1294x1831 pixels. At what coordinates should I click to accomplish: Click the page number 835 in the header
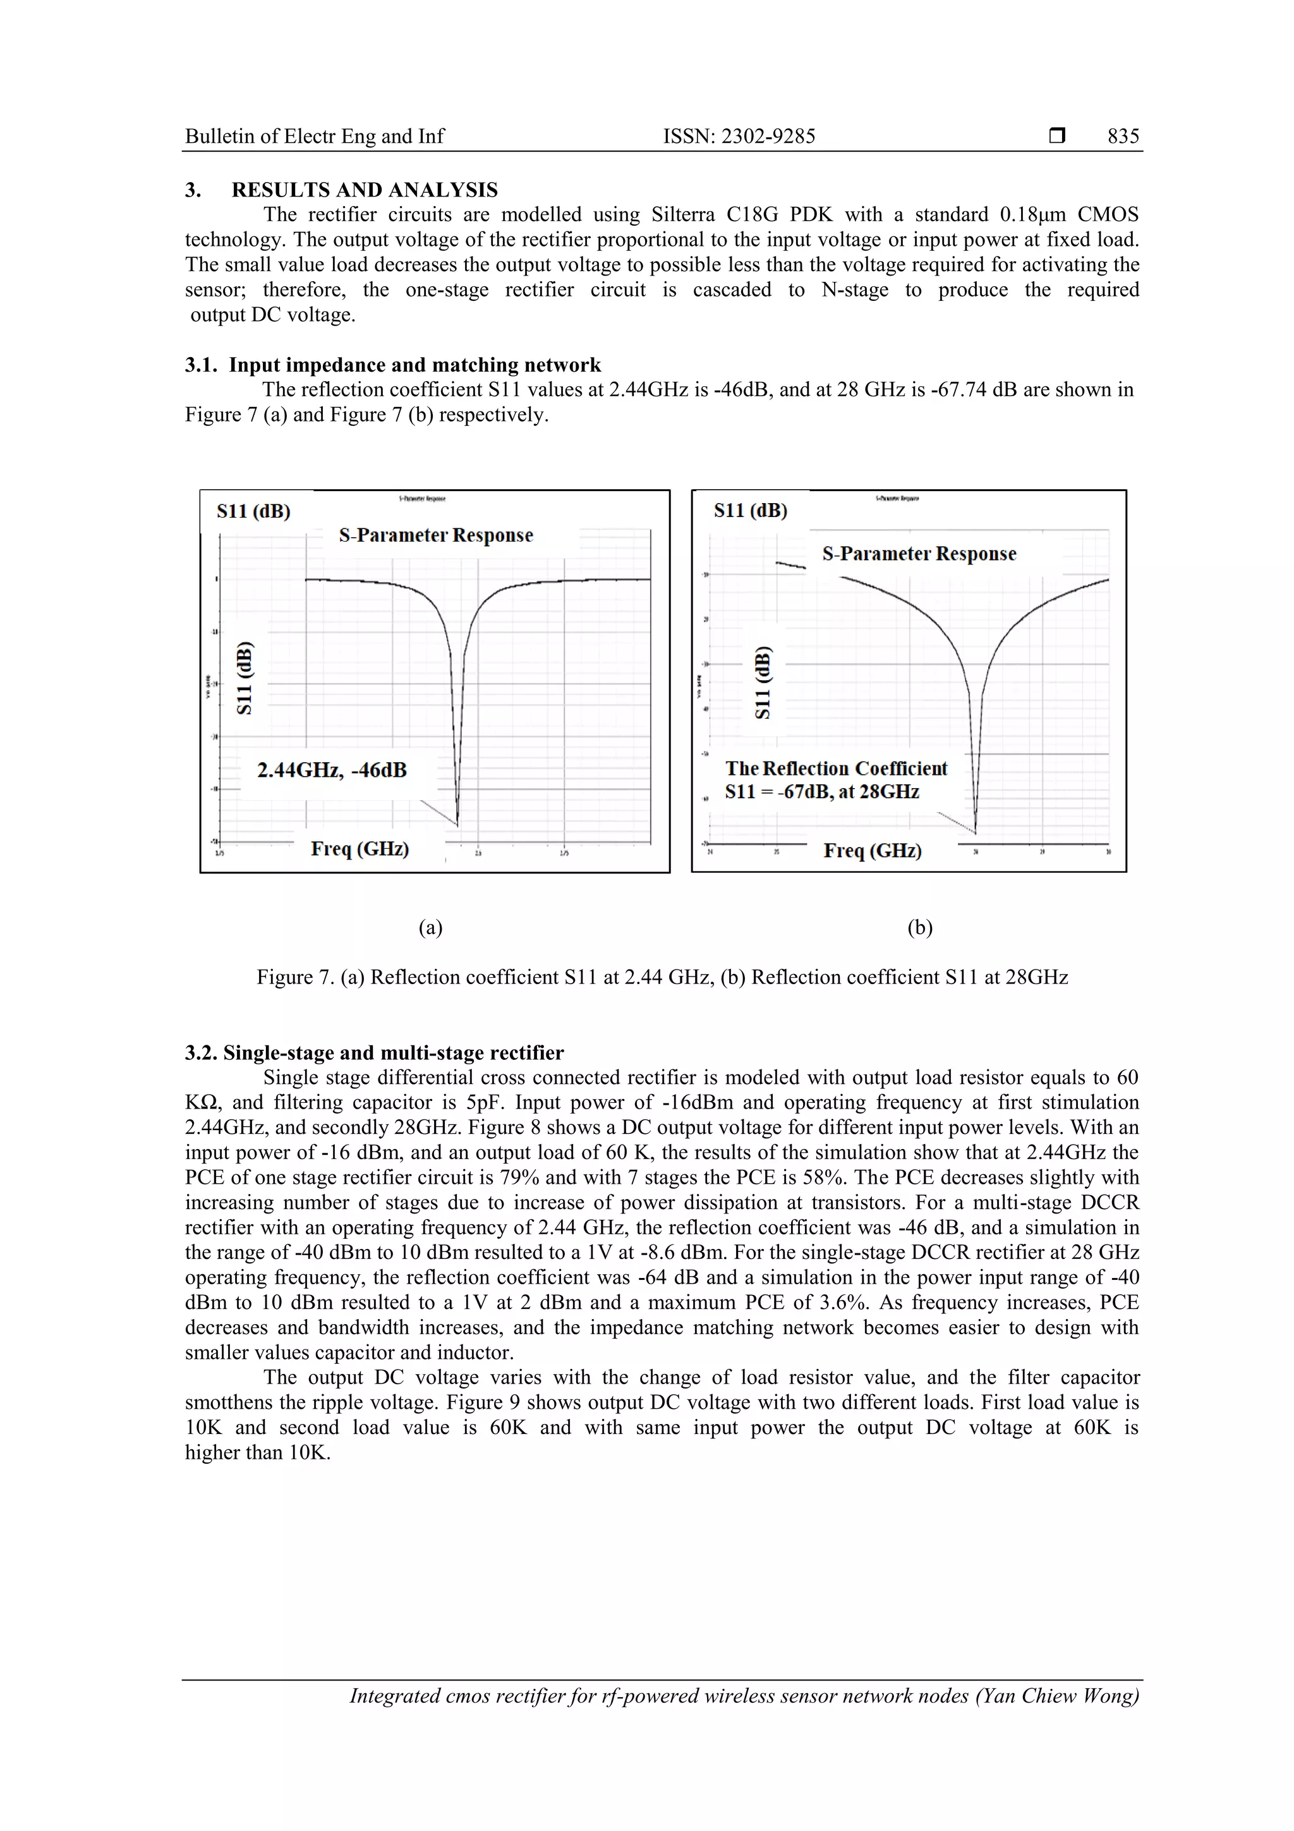(x=1123, y=137)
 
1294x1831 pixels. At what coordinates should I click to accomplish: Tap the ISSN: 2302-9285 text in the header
(x=739, y=137)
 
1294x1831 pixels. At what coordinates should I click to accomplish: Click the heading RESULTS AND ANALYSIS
(x=365, y=190)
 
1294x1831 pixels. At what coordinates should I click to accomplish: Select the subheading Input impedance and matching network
(x=414, y=365)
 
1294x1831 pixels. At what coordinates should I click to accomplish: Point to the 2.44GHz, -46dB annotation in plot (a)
(x=332, y=770)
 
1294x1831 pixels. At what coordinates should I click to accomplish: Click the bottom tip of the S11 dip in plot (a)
(x=457, y=824)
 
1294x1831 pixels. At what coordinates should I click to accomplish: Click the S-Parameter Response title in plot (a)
(x=436, y=535)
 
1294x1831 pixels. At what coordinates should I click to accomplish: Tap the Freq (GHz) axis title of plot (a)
(x=360, y=849)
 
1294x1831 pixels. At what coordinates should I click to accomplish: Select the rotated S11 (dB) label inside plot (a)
(x=245, y=678)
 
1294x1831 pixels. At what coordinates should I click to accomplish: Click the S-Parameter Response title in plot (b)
(x=919, y=554)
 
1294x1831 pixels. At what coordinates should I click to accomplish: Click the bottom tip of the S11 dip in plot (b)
(x=976, y=831)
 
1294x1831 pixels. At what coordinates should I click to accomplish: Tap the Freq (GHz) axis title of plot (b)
(x=872, y=851)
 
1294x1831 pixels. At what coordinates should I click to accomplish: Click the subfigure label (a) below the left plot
(x=430, y=927)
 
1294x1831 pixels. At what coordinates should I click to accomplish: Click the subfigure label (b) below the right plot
(x=919, y=927)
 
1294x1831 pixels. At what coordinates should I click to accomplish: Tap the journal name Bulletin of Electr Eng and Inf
(x=314, y=137)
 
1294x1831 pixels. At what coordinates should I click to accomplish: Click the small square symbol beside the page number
(x=1056, y=137)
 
